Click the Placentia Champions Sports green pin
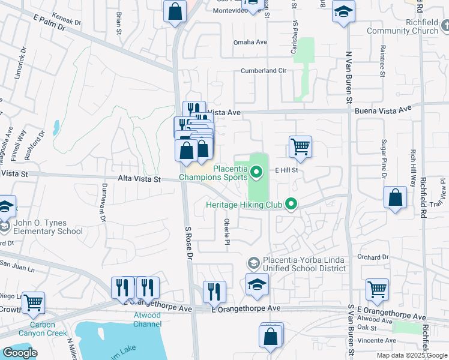point(257,173)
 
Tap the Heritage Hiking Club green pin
point(292,205)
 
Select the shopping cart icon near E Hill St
point(300,146)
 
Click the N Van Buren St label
point(348,74)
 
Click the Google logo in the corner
point(20,353)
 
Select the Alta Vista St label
point(139,179)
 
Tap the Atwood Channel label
point(147,319)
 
